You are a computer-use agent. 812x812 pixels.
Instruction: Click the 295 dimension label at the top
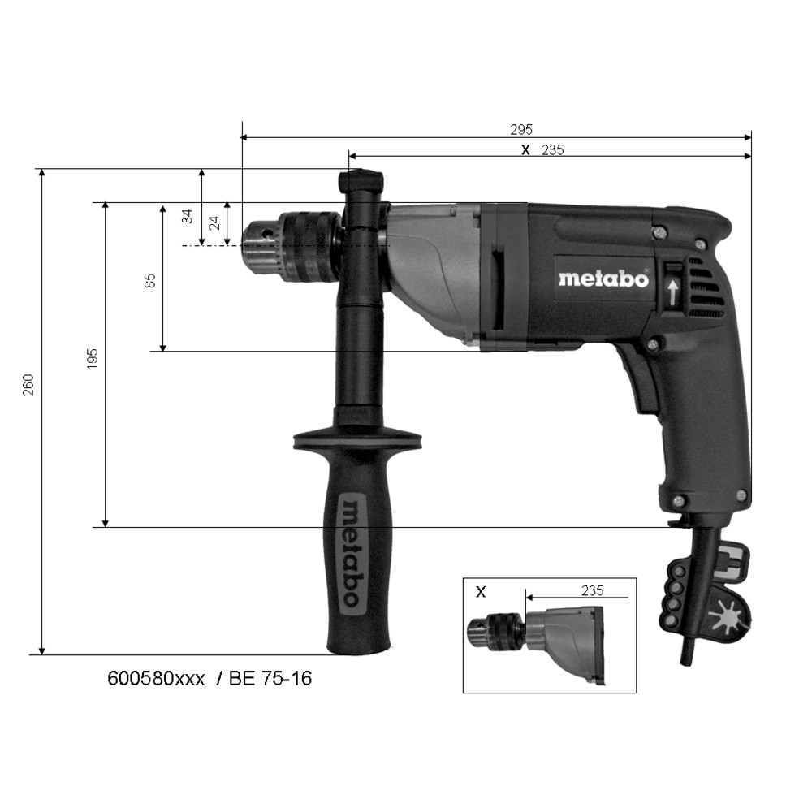pos(521,129)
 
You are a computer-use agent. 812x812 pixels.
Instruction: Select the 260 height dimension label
pos(28,385)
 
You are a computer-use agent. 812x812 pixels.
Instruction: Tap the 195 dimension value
pos(93,358)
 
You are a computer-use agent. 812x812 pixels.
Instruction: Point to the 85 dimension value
pos(149,281)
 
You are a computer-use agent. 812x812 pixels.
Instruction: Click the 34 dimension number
pos(188,217)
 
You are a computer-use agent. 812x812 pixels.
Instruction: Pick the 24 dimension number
pos(214,222)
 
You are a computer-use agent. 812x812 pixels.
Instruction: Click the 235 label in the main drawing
pos(552,150)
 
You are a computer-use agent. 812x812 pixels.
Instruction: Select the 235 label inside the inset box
pos(593,590)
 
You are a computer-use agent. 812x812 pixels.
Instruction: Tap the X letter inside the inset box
pos(481,591)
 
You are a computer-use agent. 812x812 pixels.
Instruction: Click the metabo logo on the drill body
pos(604,279)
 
